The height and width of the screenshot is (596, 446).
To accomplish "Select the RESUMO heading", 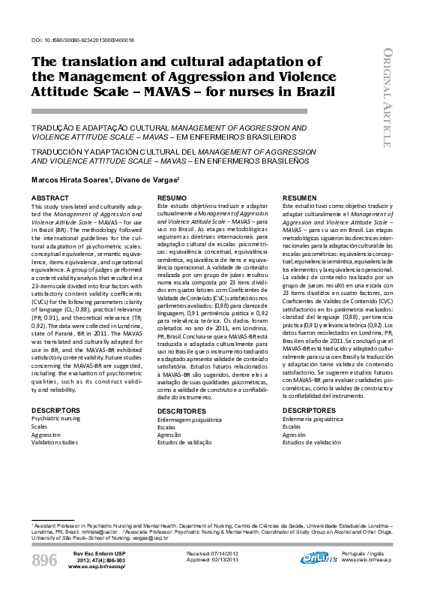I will click(x=172, y=197).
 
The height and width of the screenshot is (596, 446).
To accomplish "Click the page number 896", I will click(x=43, y=560).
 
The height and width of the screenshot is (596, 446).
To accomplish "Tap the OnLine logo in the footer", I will click(x=319, y=558).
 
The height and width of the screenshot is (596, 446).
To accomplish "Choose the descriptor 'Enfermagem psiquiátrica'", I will click(x=190, y=422).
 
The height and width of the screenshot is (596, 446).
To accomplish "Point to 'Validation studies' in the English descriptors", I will click(x=54, y=442).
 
